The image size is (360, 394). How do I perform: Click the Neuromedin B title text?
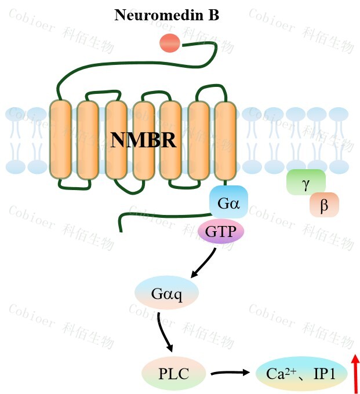point(166,15)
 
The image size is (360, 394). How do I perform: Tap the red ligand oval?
point(170,43)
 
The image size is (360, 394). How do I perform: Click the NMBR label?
point(143,140)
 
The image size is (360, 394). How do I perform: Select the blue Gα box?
point(228,202)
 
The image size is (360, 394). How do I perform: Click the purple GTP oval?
point(221,232)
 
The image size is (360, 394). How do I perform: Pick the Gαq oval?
point(166,294)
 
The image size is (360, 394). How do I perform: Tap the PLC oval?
point(173,373)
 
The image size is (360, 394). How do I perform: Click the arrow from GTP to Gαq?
point(203,262)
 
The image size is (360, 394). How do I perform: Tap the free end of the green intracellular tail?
point(121,229)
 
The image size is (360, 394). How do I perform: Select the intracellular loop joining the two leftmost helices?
point(74,186)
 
